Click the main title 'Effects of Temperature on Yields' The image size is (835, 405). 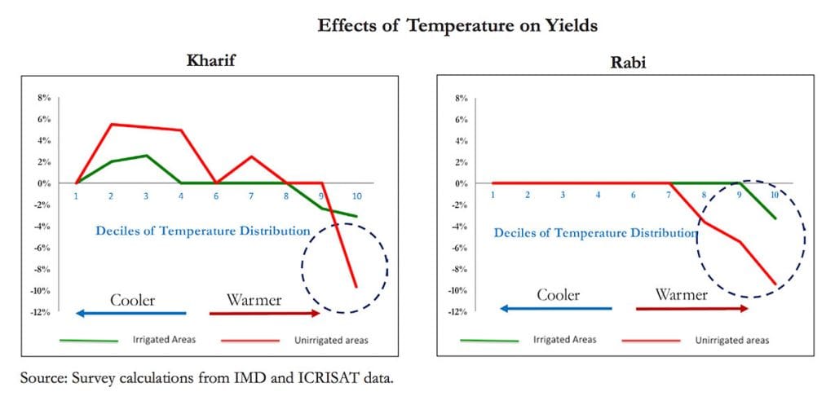click(457, 26)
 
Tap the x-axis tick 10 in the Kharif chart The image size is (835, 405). click(356, 196)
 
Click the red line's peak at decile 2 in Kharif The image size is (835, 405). click(111, 124)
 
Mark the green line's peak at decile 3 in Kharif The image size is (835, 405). click(146, 155)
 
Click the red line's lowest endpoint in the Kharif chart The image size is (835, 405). click(356, 286)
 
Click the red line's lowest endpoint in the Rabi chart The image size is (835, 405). click(775, 284)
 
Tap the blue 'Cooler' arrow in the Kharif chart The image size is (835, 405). click(130, 313)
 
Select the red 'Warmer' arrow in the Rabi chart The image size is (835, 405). click(691, 308)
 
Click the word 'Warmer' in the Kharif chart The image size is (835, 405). click(254, 300)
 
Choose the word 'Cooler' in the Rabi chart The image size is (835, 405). click(558, 294)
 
